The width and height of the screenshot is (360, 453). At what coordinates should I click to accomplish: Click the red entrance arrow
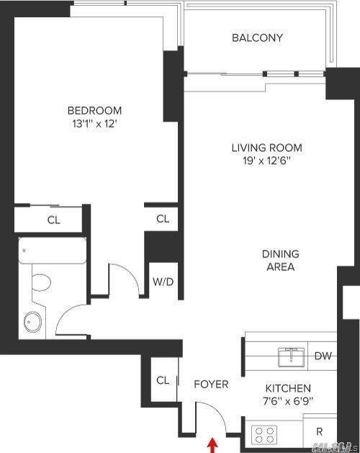212,445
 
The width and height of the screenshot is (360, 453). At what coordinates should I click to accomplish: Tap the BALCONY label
257,37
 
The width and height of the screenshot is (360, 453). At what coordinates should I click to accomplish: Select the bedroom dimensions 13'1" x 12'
94,123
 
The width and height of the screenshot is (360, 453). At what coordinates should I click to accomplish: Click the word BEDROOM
94,110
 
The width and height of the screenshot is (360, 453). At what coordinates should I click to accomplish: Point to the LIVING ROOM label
266,148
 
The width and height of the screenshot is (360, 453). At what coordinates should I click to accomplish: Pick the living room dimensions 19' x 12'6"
266,161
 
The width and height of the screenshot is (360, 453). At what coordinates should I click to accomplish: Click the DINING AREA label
280,261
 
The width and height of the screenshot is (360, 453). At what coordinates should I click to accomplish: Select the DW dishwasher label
324,356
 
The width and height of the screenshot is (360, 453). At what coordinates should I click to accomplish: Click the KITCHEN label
287,387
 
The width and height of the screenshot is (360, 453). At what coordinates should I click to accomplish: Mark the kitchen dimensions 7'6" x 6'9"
287,400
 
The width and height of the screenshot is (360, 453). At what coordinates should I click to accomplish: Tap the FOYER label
211,384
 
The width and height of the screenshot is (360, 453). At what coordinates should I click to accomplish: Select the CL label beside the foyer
162,381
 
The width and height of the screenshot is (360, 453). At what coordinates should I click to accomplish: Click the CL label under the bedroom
53,220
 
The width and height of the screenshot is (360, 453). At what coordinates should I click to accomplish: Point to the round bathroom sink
32,320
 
